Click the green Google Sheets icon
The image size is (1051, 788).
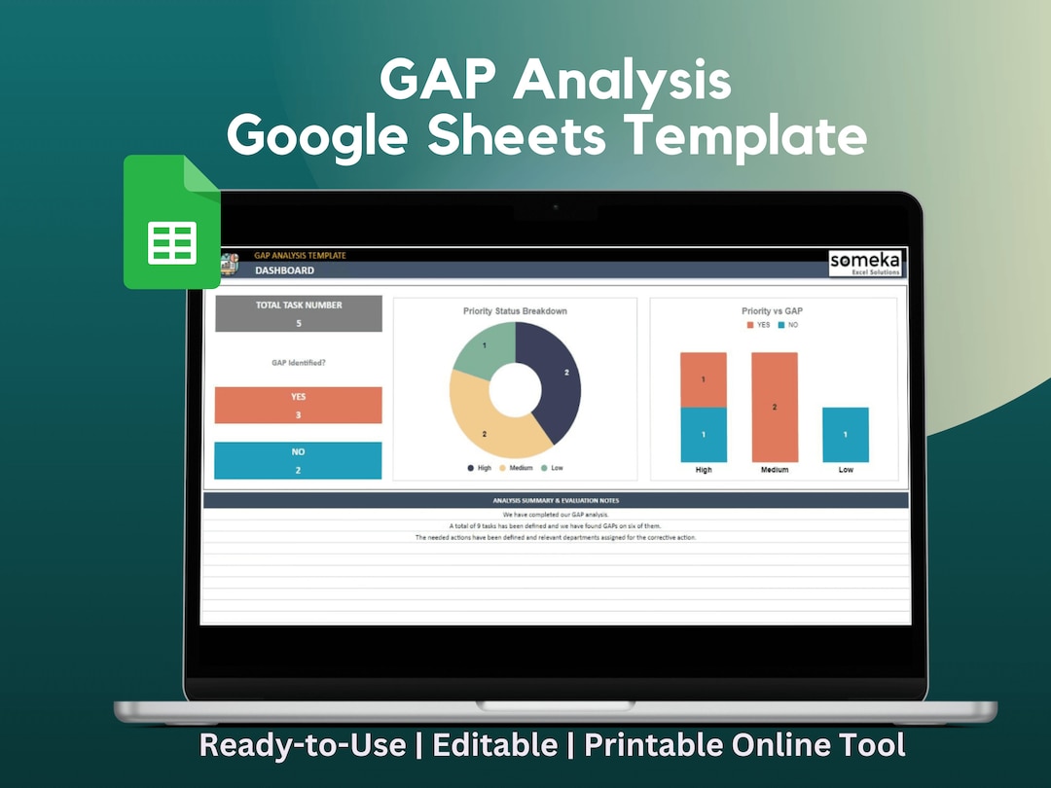pos(172,222)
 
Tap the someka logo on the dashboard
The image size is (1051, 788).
pos(866,263)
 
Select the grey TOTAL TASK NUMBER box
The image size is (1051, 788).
pos(299,313)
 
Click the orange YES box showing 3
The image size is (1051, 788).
pos(299,406)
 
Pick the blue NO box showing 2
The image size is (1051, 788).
pos(299,460)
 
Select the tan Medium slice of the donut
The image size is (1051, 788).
pos(487,428)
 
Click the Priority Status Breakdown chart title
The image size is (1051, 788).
pos(515,311)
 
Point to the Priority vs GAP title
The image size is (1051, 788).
pos(772,311)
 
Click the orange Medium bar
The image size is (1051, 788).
pos(775,407)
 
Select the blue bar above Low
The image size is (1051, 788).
pos(846,434)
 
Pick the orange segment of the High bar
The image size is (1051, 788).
pos(704,379)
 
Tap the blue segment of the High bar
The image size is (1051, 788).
pos(704,434)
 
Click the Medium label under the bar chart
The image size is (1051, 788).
pos(775,470)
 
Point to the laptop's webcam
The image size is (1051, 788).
pos(556,207)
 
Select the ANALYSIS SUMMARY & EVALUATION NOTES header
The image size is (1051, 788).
pos(556,501)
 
